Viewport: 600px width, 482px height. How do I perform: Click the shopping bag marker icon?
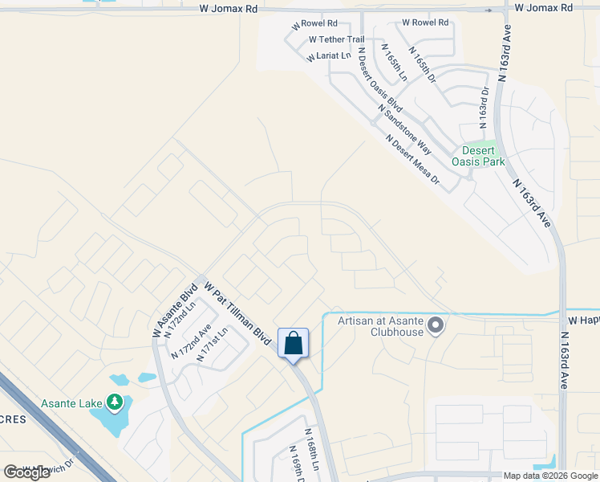pyautogui.click(x=294, y=343)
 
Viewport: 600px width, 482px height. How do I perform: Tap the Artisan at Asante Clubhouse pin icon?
pyautogui.click(x=436, y=325)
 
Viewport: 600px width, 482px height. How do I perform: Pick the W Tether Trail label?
pyautogui.click(x=336, y=39)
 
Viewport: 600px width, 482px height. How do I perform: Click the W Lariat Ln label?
pyautogui.click(x=329, y=56)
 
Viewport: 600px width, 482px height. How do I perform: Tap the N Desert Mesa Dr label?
pyautogui.click(x=412, y=159)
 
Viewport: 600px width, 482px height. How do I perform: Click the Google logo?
pyautogui.click(x=27, y=472)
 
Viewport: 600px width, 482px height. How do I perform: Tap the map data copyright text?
pyautogui.click(x=550, y=476)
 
